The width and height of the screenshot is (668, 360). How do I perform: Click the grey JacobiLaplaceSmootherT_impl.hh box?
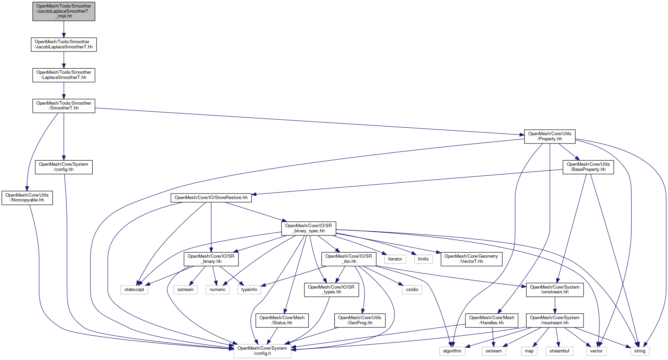[64, 11]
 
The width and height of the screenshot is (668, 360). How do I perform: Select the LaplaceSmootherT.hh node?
[64, 75]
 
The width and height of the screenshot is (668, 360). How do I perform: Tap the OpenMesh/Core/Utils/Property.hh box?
[550, 137]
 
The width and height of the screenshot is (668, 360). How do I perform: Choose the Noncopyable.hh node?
[27, 198]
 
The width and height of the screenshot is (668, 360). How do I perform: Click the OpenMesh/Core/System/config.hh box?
[64, 167]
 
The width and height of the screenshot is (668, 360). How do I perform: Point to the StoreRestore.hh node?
[211, 198]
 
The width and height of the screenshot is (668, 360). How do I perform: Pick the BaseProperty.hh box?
[588, 167]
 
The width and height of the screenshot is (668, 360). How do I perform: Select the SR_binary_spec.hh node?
[308, 229]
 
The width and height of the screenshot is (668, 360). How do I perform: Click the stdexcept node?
[134, 290]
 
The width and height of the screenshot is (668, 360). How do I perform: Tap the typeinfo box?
[249, 290]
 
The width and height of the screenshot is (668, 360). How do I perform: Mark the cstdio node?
[412, 290]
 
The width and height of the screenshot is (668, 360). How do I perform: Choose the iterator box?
[395, 259]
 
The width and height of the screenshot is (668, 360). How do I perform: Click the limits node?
[423, 259]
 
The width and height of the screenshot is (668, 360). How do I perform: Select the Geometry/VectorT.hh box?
[471, 259]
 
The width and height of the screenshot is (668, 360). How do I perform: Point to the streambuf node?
[559, 351]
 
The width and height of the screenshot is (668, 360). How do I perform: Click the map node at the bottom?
[529, 351]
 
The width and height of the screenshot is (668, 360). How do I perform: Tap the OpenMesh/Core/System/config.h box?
[262, 351]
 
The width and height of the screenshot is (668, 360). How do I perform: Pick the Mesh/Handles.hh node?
[492, 321]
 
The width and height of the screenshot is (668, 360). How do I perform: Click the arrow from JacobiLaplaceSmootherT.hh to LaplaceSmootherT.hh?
[64, 60]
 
